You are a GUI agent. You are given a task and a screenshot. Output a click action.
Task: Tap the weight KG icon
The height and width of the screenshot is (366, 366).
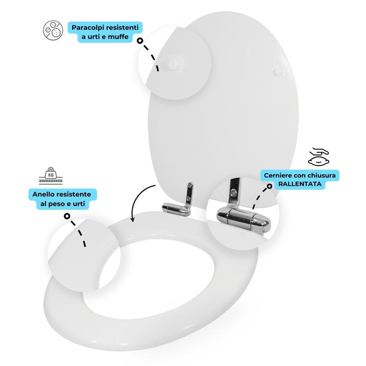point(49,175)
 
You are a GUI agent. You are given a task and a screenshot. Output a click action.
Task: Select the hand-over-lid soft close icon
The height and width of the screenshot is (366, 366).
point(318,155)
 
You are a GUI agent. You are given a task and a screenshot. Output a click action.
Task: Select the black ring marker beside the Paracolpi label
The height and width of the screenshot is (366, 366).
point(140,40)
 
